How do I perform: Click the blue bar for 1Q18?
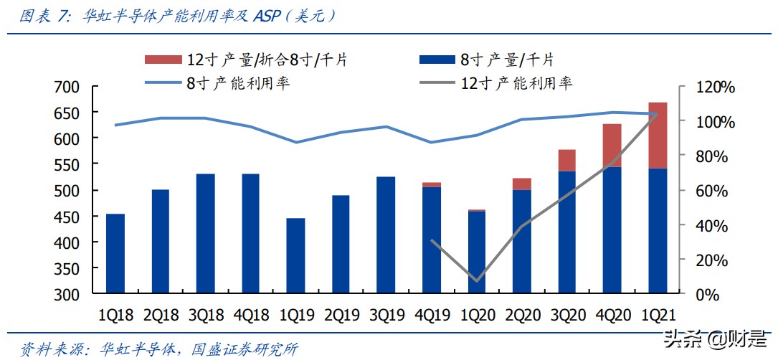click(115, 253)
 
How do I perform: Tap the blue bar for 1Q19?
click(295, 255)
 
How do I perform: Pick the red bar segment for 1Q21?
click(658, 136)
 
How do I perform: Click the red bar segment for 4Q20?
click(612, 146)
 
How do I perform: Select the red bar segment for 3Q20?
click(567, 160)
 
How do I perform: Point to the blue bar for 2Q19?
click(341, 244)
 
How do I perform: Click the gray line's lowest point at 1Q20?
click(477, 280)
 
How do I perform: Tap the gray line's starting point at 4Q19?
click(432, 240)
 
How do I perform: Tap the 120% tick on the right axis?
click(715, 87)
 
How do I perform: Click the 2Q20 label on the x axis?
click(522, 315)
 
